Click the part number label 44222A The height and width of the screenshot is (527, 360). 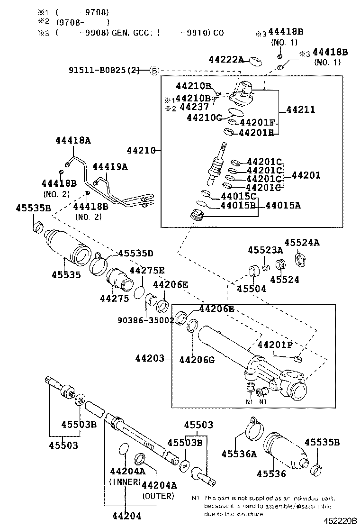(x=226, y=59)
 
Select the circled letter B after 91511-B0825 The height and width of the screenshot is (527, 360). (x=154, y=71)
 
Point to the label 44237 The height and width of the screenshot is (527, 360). (x=194, y=107)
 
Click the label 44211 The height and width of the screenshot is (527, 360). (x=301, y=109)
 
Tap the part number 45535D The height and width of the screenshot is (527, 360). (x=135, y=253)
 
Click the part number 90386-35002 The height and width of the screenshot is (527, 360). (x=145, y=319)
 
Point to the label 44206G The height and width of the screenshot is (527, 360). (x=197, y=360)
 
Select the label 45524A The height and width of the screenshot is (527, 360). (x=302, y=243)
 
